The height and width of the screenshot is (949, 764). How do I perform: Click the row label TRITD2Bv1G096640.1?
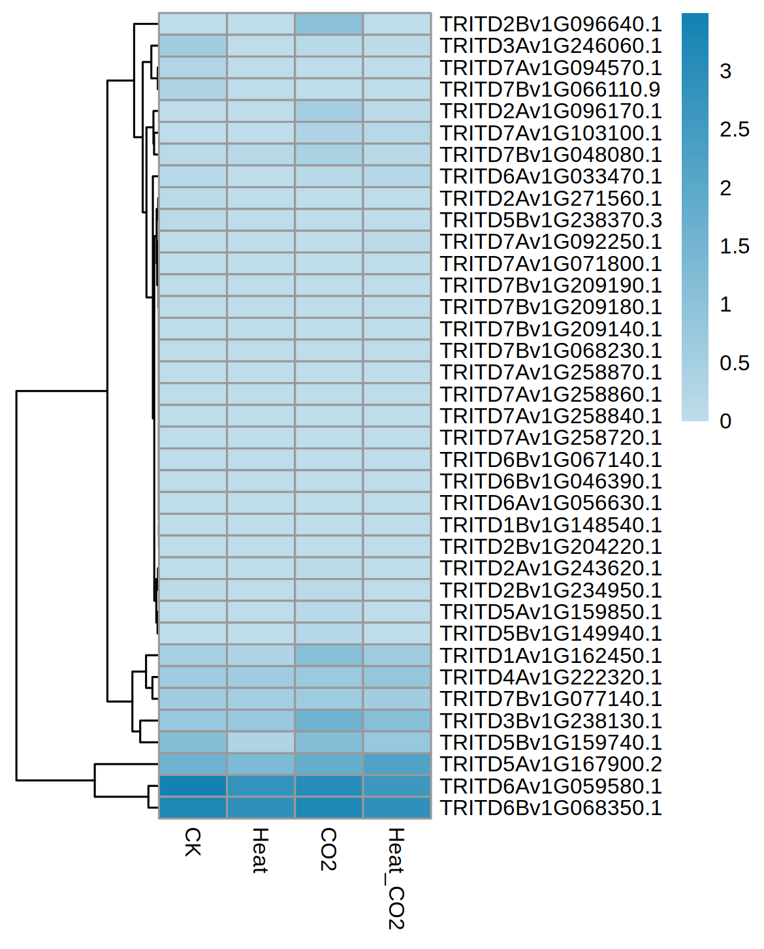click(550, 24)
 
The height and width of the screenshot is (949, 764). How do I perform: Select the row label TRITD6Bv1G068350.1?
click(550, 808)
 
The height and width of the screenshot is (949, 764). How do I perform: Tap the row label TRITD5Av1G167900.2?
click(550, 764)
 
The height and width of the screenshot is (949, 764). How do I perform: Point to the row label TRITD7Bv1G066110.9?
click(550, 89)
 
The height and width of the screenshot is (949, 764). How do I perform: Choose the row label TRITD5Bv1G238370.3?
click(550, 220)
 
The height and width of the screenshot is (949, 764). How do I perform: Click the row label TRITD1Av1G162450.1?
click(550, 656)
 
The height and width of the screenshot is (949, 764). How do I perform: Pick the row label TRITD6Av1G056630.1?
click(550, 503)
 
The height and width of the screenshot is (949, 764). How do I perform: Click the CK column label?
click(193, 842)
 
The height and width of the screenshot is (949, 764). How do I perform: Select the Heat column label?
click(261, 850)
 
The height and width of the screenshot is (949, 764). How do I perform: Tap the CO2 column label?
click(328, 849)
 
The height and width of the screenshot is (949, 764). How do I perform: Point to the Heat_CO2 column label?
click(396, 878)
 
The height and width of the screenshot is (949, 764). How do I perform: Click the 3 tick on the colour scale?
click(725, 71)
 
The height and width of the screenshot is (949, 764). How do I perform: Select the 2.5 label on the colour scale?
click(734, 129)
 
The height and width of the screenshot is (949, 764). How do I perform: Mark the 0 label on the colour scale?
click(725, 421)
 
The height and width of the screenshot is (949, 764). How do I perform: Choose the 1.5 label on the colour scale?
click(734, 246)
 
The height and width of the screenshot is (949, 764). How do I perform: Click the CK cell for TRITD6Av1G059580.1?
click(193, 786)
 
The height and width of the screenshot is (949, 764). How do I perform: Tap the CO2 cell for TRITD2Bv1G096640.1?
click(328, 24)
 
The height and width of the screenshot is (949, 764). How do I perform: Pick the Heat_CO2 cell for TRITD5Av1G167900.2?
click(396, 764)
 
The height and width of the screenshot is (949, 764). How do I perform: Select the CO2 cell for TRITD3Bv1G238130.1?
click(328, 720)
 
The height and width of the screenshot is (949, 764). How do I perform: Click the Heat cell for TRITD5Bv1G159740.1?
click(261, 743)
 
